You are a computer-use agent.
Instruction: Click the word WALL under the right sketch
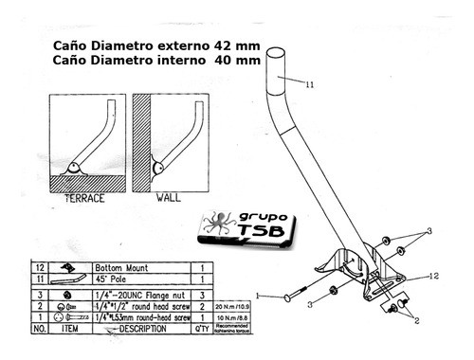[167, 199]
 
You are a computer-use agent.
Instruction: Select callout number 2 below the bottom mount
[414, 320]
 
